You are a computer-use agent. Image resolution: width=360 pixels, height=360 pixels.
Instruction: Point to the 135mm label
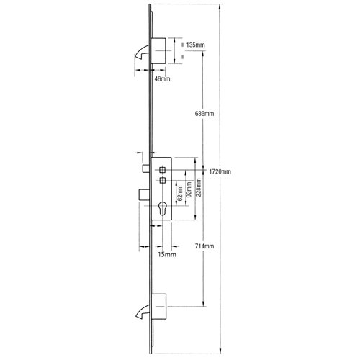pos(194,45)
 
